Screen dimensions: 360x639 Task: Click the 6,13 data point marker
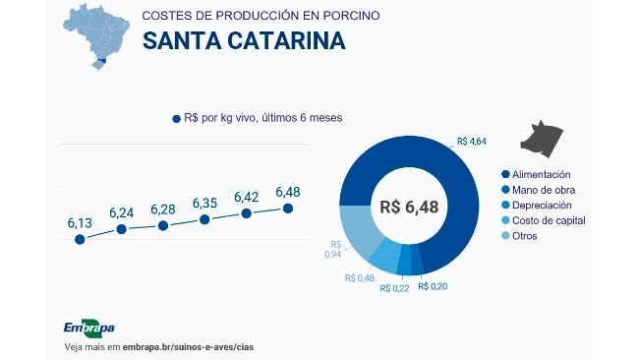(x=80, y=240)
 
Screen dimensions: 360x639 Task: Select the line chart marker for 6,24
(x=121, y=229)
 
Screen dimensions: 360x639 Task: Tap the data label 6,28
(x=163, y=210)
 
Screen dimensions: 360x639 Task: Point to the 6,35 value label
(x=204, y=203)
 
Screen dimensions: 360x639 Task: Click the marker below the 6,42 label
(x=246, y=212)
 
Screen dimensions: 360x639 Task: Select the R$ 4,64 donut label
(x=472, y=142)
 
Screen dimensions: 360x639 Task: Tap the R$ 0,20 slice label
(x=432, y=286)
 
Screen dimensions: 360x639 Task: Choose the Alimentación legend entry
(x=541, y=174)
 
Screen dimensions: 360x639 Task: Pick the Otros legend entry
(x=524, y=235)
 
